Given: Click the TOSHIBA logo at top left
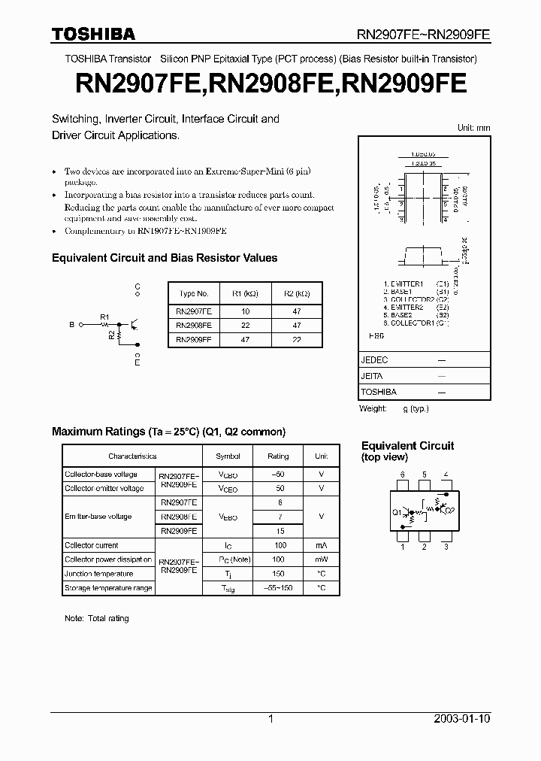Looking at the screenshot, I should point(93,34).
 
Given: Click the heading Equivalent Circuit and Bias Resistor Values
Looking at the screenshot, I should point(165,258).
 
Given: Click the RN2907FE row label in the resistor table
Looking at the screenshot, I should point(194,311).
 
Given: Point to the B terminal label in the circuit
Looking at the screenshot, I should point(71,325).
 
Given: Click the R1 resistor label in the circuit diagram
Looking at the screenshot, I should point(104,317).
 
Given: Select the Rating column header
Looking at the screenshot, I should point(278,456).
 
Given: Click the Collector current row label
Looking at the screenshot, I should point(92,545).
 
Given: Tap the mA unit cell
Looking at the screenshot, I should point(322,545).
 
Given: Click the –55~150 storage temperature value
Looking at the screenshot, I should point(278,588).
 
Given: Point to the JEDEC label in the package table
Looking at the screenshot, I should point(373,360).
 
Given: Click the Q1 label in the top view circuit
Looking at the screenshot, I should point(397,512).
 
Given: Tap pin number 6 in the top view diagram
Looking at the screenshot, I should point(403,474).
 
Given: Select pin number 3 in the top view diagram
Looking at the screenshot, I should point(446,547).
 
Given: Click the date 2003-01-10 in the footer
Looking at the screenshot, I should point(462,719).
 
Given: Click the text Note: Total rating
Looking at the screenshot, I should point(97,618).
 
